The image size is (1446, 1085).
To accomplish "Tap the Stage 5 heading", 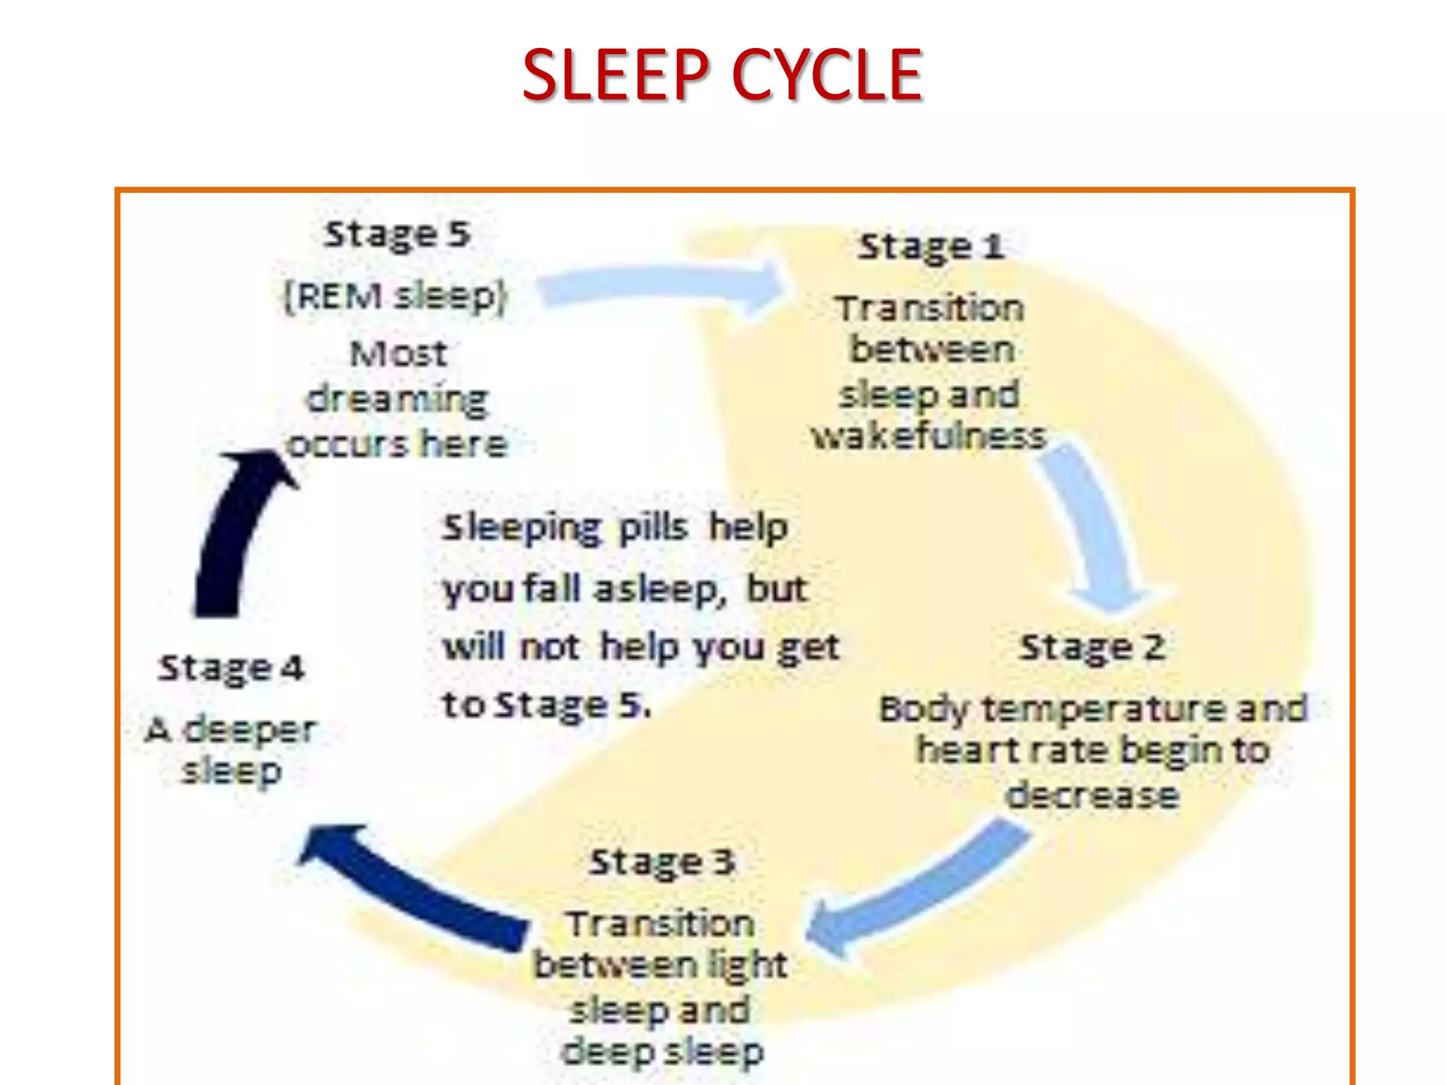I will click(397, 235).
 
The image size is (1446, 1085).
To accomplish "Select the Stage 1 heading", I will click(931, 247).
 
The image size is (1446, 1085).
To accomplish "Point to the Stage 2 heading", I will click(1092, 648).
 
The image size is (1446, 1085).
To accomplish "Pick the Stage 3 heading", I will click(662, 862).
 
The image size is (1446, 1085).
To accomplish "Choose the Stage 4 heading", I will click(231, 668).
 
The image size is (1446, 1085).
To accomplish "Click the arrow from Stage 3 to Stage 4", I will click(410, 883).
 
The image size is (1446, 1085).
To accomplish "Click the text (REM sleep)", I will click(395, 296).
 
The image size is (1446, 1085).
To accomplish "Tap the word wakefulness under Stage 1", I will click(928, 437).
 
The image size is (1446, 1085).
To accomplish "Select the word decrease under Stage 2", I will click(1092, 795).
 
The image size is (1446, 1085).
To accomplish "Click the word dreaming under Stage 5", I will click(398, 401).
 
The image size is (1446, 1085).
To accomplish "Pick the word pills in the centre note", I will click(652, 528).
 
